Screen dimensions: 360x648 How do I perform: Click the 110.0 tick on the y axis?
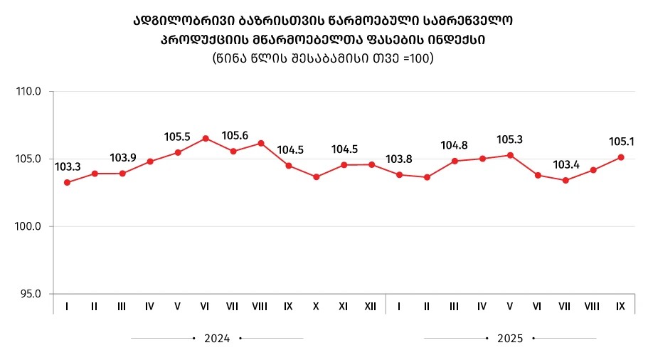click(x=28, y=92)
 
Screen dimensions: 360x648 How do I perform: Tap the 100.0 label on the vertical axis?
click(x=28, y=226)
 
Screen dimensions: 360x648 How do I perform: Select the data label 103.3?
click(x=68, y=167)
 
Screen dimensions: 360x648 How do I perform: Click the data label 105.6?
click(x=234, y=135)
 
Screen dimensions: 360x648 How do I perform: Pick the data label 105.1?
click(x=621, y=142)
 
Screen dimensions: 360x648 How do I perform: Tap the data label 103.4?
click(x=565, y=165)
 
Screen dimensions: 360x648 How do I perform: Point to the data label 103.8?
click(x=399, y=159)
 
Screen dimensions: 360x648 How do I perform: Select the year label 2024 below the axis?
click(x=217, y=339)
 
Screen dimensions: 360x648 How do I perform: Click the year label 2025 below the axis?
click(x=509, y=339)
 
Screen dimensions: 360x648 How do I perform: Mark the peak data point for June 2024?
click(x=206, y=138)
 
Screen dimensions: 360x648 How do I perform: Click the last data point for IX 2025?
click(x=621, y=157)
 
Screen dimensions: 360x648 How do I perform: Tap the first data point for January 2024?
click(x=67, y=182)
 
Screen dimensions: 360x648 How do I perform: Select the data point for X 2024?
click(x=317, y=176)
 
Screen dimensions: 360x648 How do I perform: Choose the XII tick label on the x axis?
click(x=371, y=307)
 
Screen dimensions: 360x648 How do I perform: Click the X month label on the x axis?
click(x=316, y=307)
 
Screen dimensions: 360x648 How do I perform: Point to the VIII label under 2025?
click(x=593, y=307)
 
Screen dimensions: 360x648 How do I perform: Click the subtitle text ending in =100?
click(x=323, y=58)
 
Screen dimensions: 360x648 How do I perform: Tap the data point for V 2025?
click(x=510, y=155)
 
